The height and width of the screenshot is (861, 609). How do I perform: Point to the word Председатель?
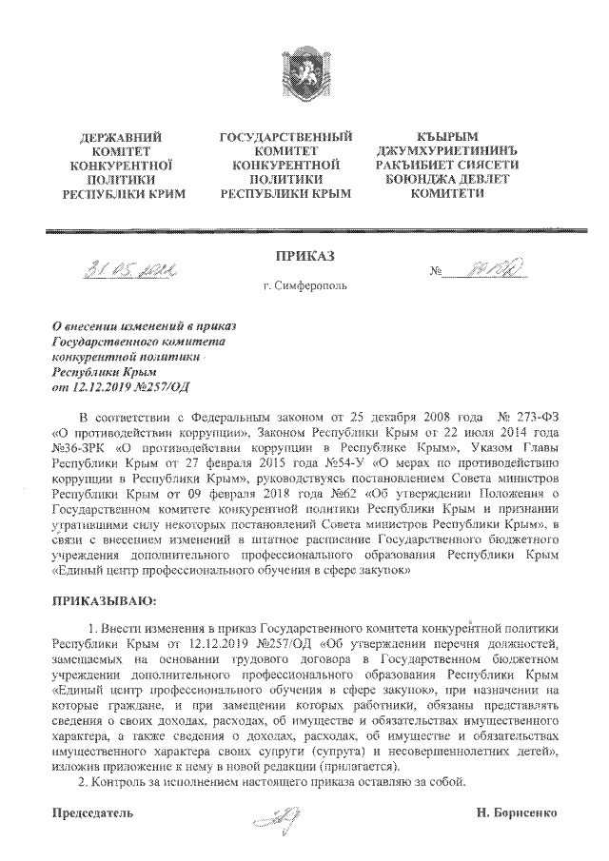click(x=91, y=813)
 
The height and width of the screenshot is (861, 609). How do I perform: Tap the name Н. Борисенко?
click(x=518, y=813)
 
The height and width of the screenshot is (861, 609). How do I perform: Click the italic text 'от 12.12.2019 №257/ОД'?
click(x=108, y=386)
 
